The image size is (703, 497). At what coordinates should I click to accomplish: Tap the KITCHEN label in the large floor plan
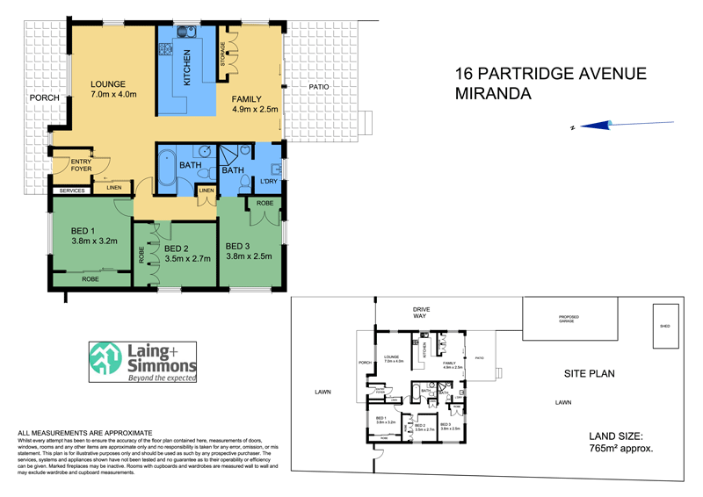click(186, 68)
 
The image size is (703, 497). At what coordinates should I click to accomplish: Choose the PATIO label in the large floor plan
click(318, 87)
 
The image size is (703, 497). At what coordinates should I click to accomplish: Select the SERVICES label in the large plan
click(71, 191)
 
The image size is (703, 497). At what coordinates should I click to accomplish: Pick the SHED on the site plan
click(663, 325)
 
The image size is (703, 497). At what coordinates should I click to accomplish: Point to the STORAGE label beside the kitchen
click(223, 55)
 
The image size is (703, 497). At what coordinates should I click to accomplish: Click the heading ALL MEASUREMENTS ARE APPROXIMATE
click(86, 433)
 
